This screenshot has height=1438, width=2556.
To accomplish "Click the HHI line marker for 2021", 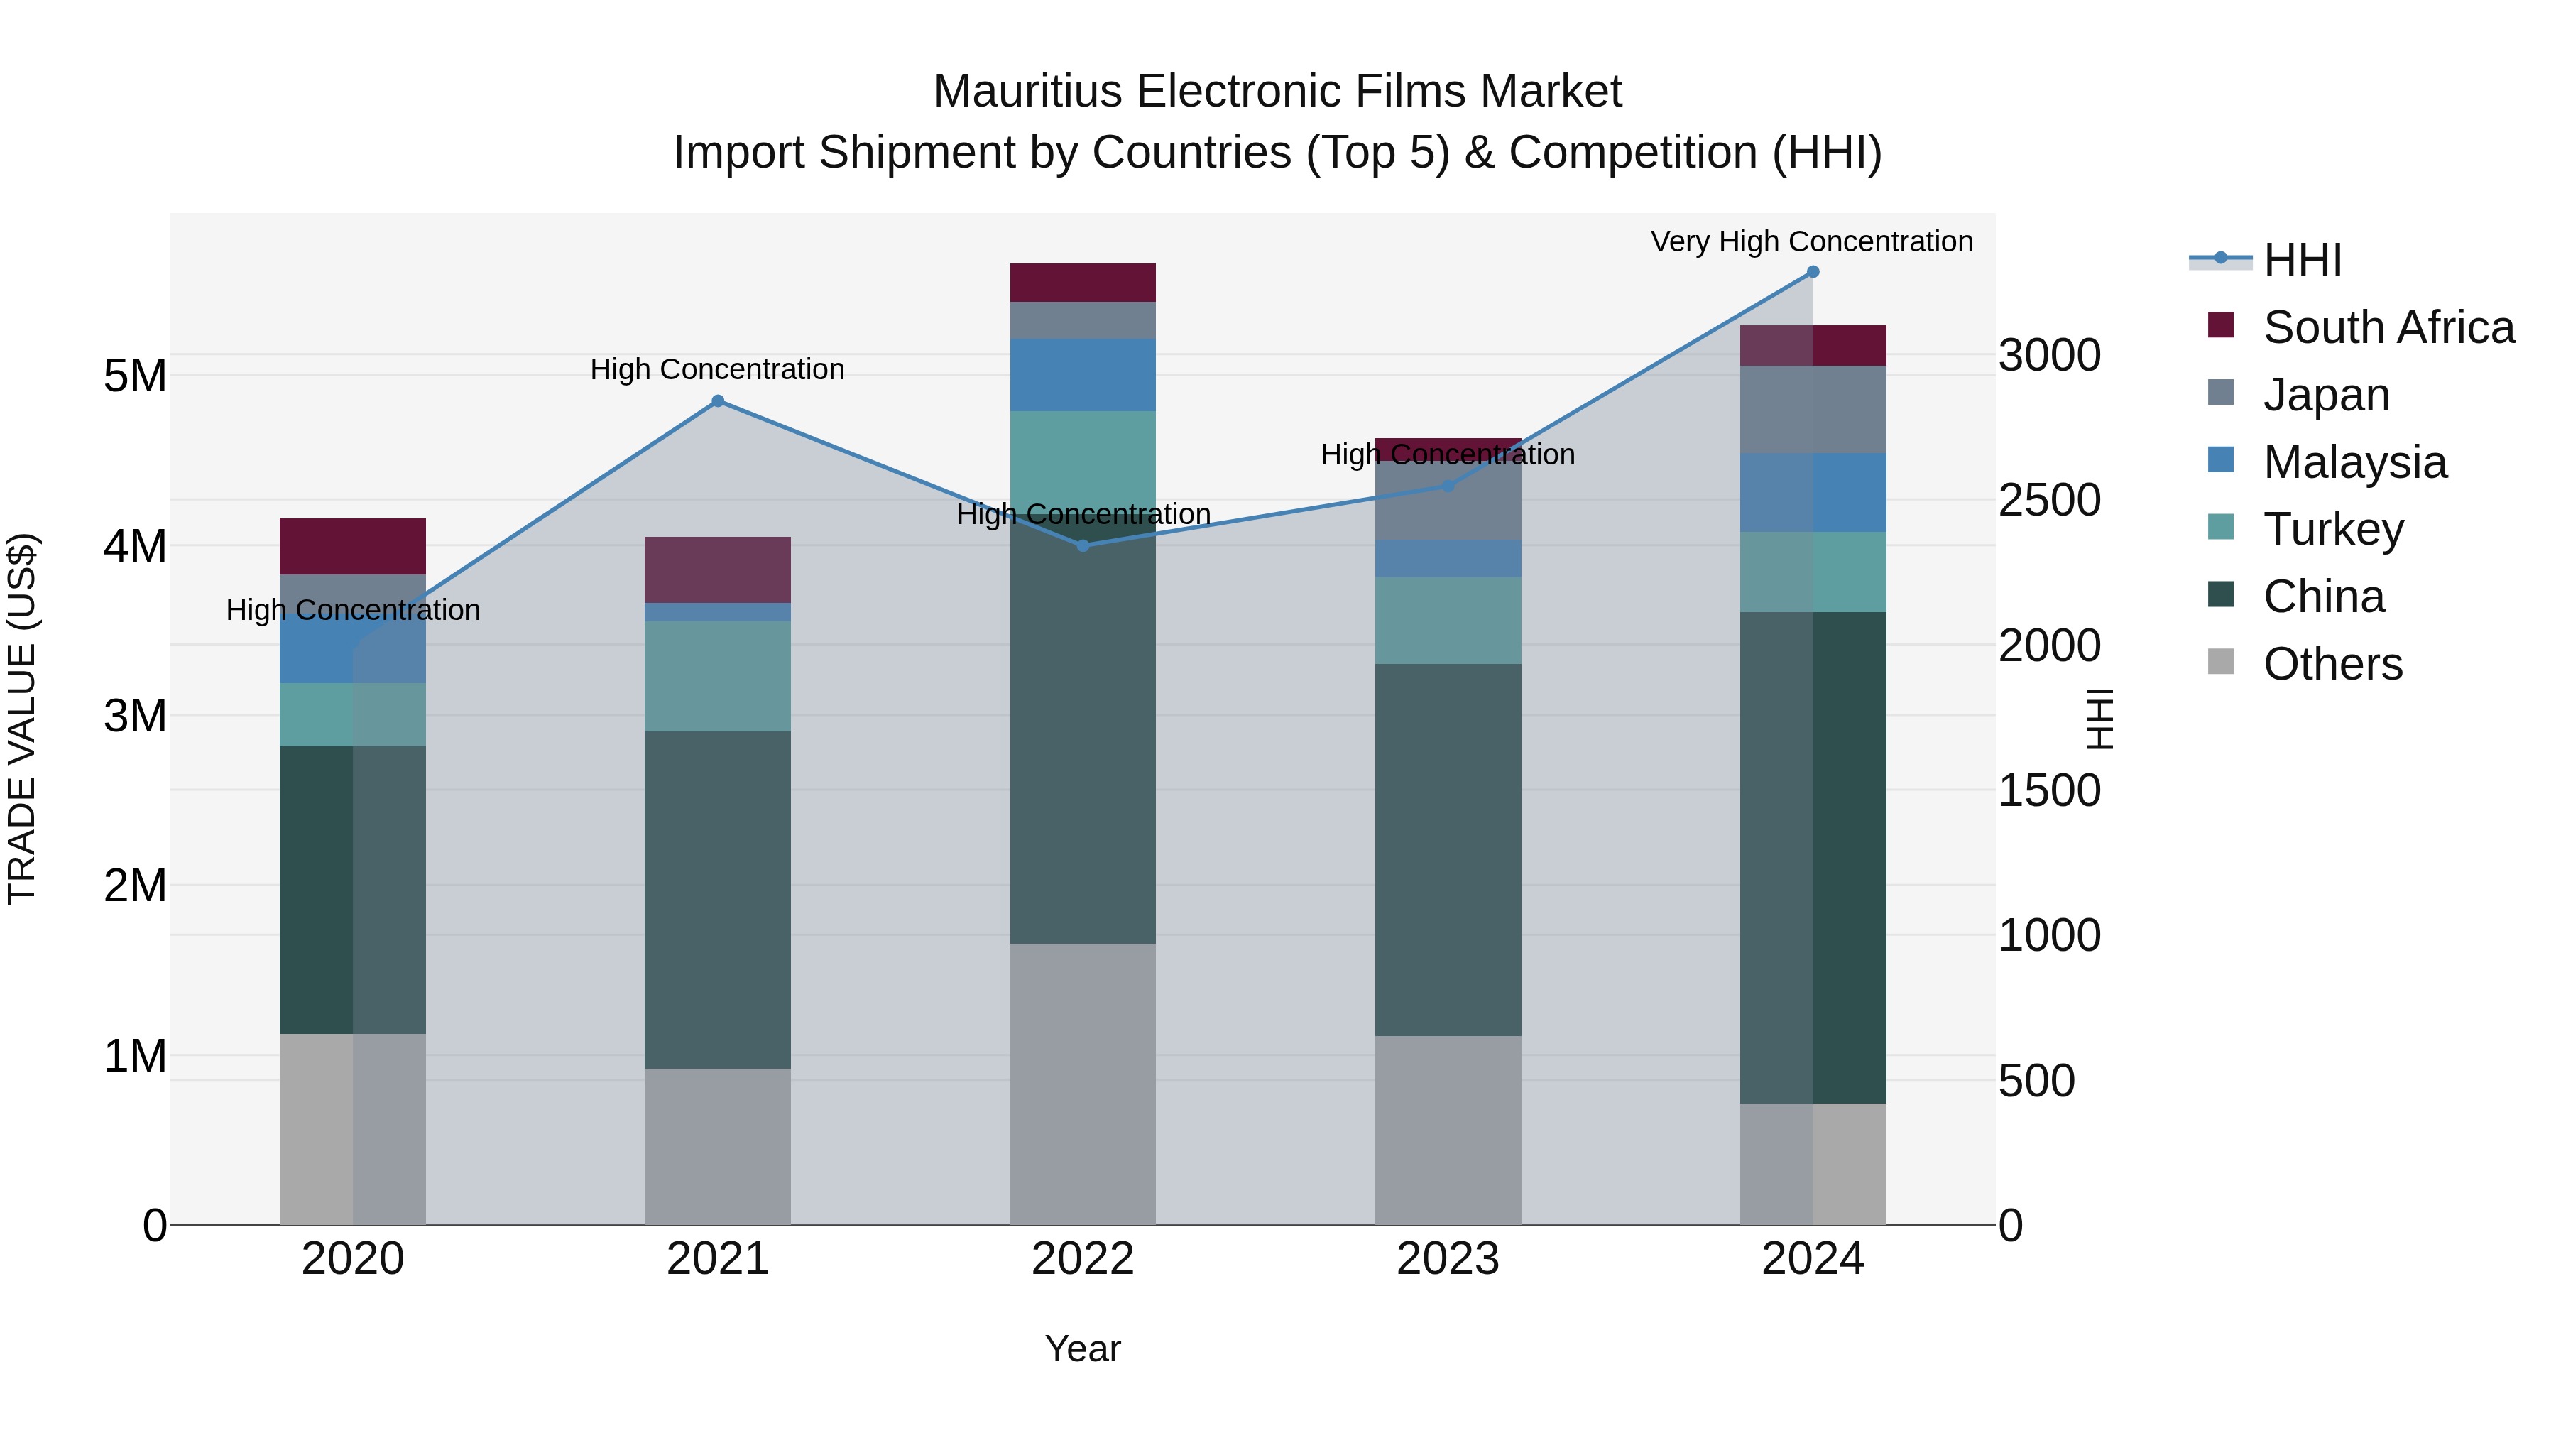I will (717, 401).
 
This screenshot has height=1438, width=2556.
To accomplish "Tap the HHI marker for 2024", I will (1813, 272).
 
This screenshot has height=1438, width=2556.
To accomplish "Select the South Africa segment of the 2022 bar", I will (1083, 283).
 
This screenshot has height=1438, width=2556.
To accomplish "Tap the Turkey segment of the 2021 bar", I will (717, 676).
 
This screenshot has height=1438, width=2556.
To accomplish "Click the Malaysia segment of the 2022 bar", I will (1083, 374).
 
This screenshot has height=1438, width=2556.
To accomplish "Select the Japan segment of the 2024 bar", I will (1813, 409).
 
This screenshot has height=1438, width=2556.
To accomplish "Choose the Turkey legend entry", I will (2333, 529).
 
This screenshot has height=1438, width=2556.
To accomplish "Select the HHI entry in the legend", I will (2302, 260).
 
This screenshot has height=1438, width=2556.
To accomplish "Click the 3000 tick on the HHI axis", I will (2049, 355).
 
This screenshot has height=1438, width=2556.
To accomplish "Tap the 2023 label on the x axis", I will (1448, 1259).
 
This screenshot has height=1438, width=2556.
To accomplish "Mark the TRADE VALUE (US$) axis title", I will (22, 719).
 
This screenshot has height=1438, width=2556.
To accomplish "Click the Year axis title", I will (1083, 1349).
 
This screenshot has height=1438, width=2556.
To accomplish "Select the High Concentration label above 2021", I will (717, 369).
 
